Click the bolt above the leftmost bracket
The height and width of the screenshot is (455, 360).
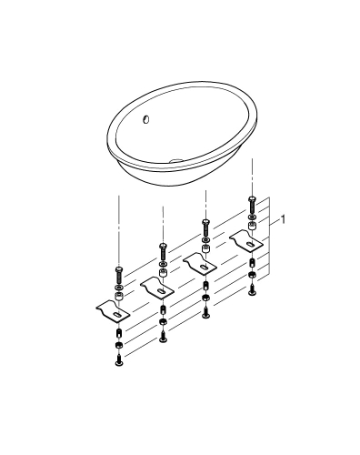(118, 272)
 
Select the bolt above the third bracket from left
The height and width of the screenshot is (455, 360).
(205, 225)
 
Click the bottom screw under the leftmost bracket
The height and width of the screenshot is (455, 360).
(118, 362)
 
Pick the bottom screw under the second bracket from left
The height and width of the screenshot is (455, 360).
(162, 339)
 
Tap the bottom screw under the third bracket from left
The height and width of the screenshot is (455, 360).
(205, 315)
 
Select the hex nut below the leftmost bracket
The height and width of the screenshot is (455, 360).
(118, 347)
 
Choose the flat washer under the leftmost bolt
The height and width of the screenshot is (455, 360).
(118, 287)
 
